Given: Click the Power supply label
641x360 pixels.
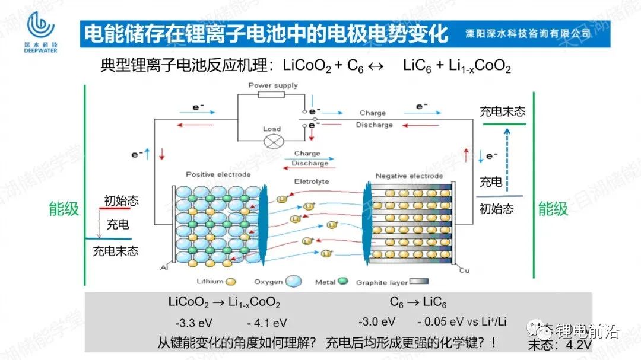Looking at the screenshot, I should coord(273,85).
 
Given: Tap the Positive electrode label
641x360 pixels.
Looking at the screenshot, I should coord(218,175).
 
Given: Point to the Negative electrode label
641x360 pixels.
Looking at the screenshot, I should coord(410,176).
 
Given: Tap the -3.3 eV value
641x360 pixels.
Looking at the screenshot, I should coord(193,323).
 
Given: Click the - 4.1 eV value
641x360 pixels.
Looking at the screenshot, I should coord(266,323).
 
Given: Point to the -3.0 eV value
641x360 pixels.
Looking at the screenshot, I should coord(376,322).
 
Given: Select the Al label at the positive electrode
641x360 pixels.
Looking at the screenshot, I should coord(164,268).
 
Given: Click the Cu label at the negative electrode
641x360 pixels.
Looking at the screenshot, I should coord(465,270).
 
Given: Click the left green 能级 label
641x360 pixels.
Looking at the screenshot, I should coord(64,209).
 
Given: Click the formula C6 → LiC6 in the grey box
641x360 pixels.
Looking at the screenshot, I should coord(418,302).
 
